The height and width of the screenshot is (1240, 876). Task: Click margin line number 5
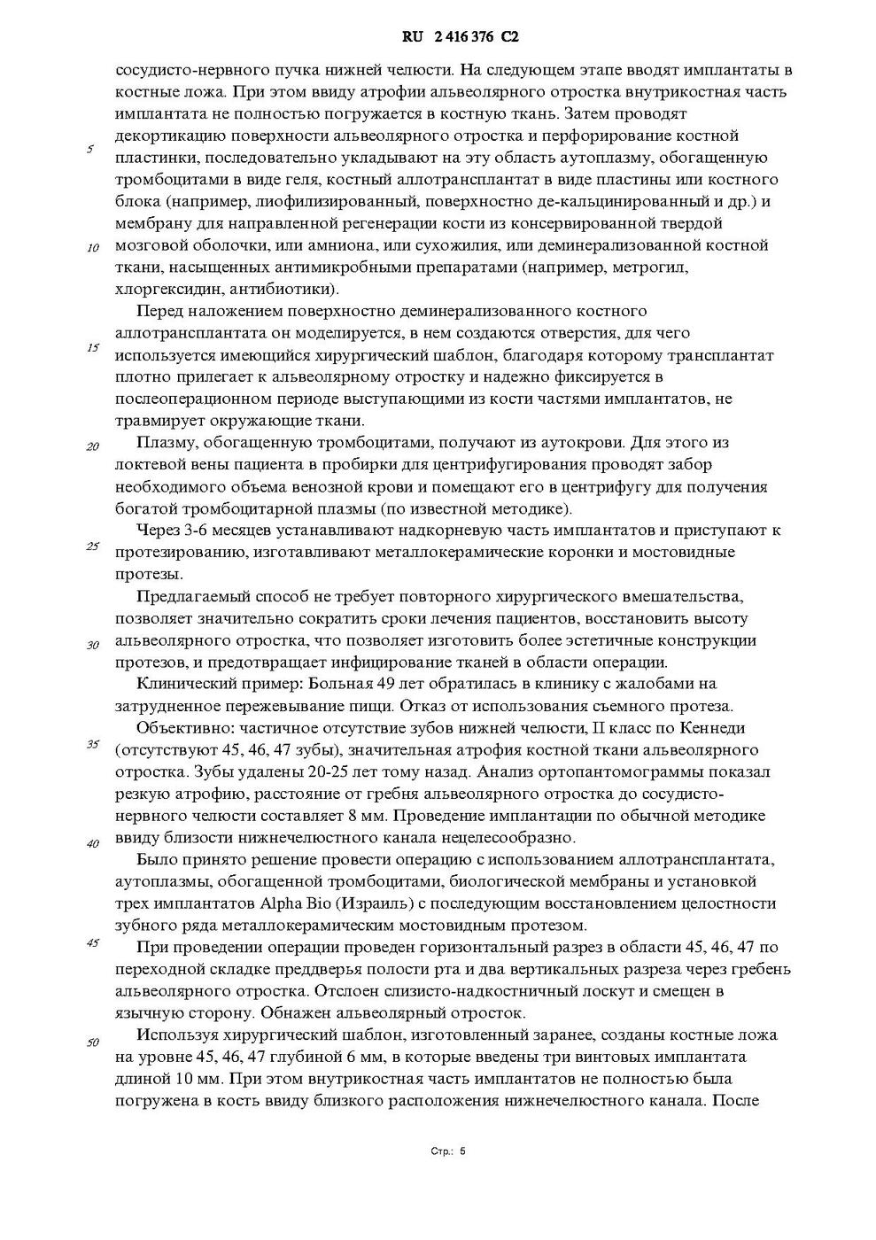coord(90,150)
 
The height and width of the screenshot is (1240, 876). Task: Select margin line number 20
coord(92,446)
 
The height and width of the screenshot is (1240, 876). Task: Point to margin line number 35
coord(92,744)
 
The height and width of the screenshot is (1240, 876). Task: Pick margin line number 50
coord(92,1042)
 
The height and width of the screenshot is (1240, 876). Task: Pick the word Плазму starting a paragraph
coord(166,442)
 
